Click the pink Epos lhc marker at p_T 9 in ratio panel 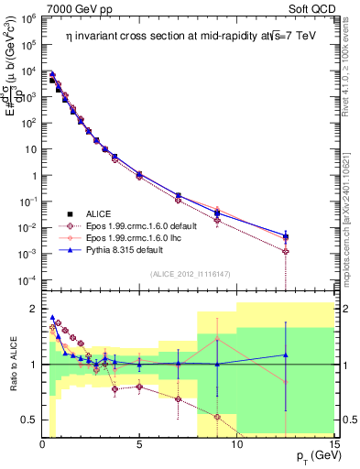click(x=217, y=340)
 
